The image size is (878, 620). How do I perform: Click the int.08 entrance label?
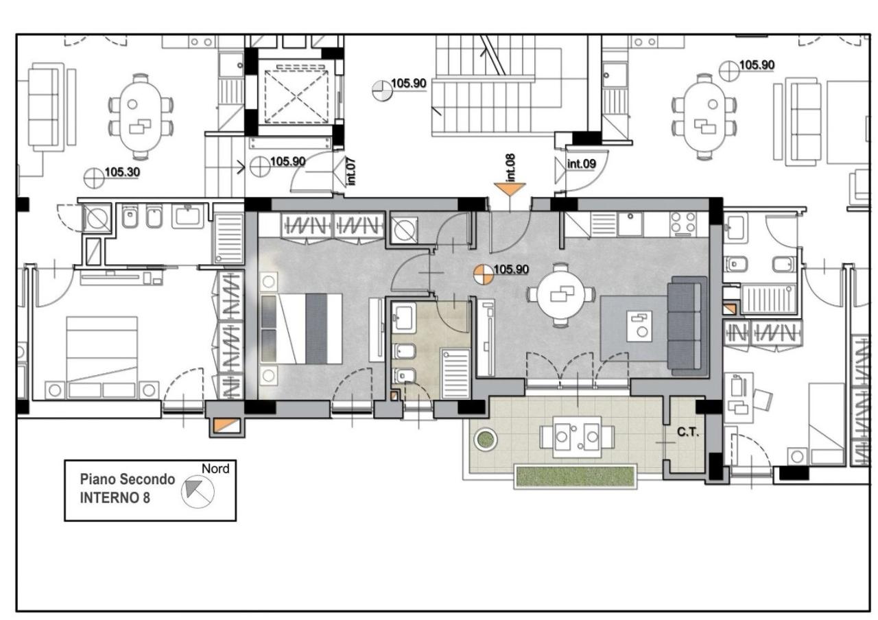[x=510, y=167]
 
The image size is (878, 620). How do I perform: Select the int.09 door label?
[x=581, y=163]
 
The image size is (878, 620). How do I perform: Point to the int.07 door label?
[x=351, y=171]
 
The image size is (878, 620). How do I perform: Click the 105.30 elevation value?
[x=122, y=172]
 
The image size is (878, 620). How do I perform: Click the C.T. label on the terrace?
[x=688, y=432]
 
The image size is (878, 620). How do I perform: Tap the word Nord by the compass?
[x=215, y=468]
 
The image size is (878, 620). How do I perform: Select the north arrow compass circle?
[x=198, y=492]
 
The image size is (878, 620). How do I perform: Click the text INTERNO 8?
[x=115, y=498]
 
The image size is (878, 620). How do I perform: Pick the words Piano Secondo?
[x=128, y=479]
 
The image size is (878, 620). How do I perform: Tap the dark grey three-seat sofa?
[x=687, y=326]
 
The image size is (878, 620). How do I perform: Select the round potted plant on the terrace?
[x=486, y=440]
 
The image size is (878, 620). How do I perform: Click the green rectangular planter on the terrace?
[x=576, y=476]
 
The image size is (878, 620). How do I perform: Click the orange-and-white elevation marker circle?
[x=483, y=275]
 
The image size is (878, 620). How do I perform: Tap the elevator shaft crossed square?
[x=296, y=97]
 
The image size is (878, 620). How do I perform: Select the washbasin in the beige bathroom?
[x=404, y=317]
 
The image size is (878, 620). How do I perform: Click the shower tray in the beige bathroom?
[x=455, y=374]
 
